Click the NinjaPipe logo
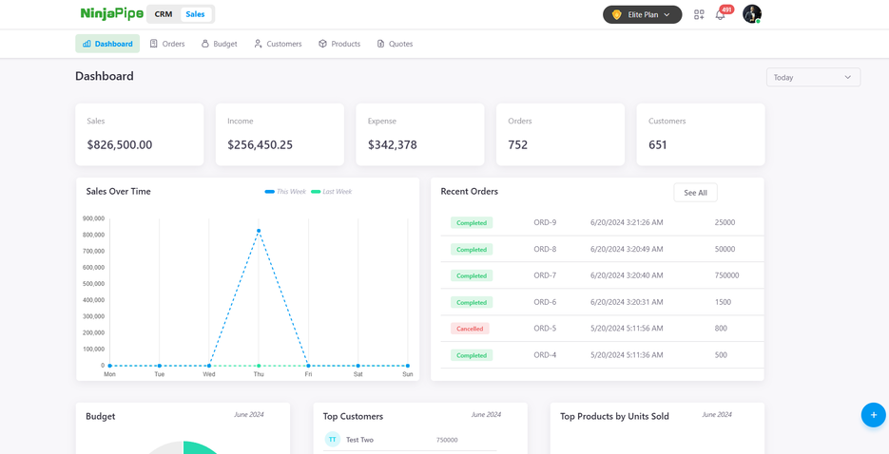pyautogui.click(x=112, y=14)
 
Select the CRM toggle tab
pyautogui.click(x=164, y=14)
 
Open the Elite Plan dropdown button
pyautogui.click(x=642, y=14)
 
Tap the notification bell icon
pyautogui.click(x=721, y=15)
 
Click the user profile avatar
pyautogui.click(x=751, y=13)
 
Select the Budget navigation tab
pyautogui.click(x=219, y=44)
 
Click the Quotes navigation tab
pyautogui.click(x=395, y=44)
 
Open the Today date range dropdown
pyautogui.click(x=813, y=77)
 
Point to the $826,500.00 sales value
pyautogui.click(x=120, y=145)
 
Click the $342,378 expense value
pyautogui.click(x=393, y=145)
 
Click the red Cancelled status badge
pyautogui.click(x=470, y=329)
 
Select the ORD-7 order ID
pyautogui.click(x=545, y=275)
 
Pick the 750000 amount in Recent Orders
pyautogui.click(x=726, y=275)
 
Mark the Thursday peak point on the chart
pyautogui.click(x=259, y=231)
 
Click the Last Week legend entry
pyautogui.click(x=332, y=192)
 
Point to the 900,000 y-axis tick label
pyautogui.click(x=93, y=218)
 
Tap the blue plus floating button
pyautogui.click(x=873, y=415)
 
